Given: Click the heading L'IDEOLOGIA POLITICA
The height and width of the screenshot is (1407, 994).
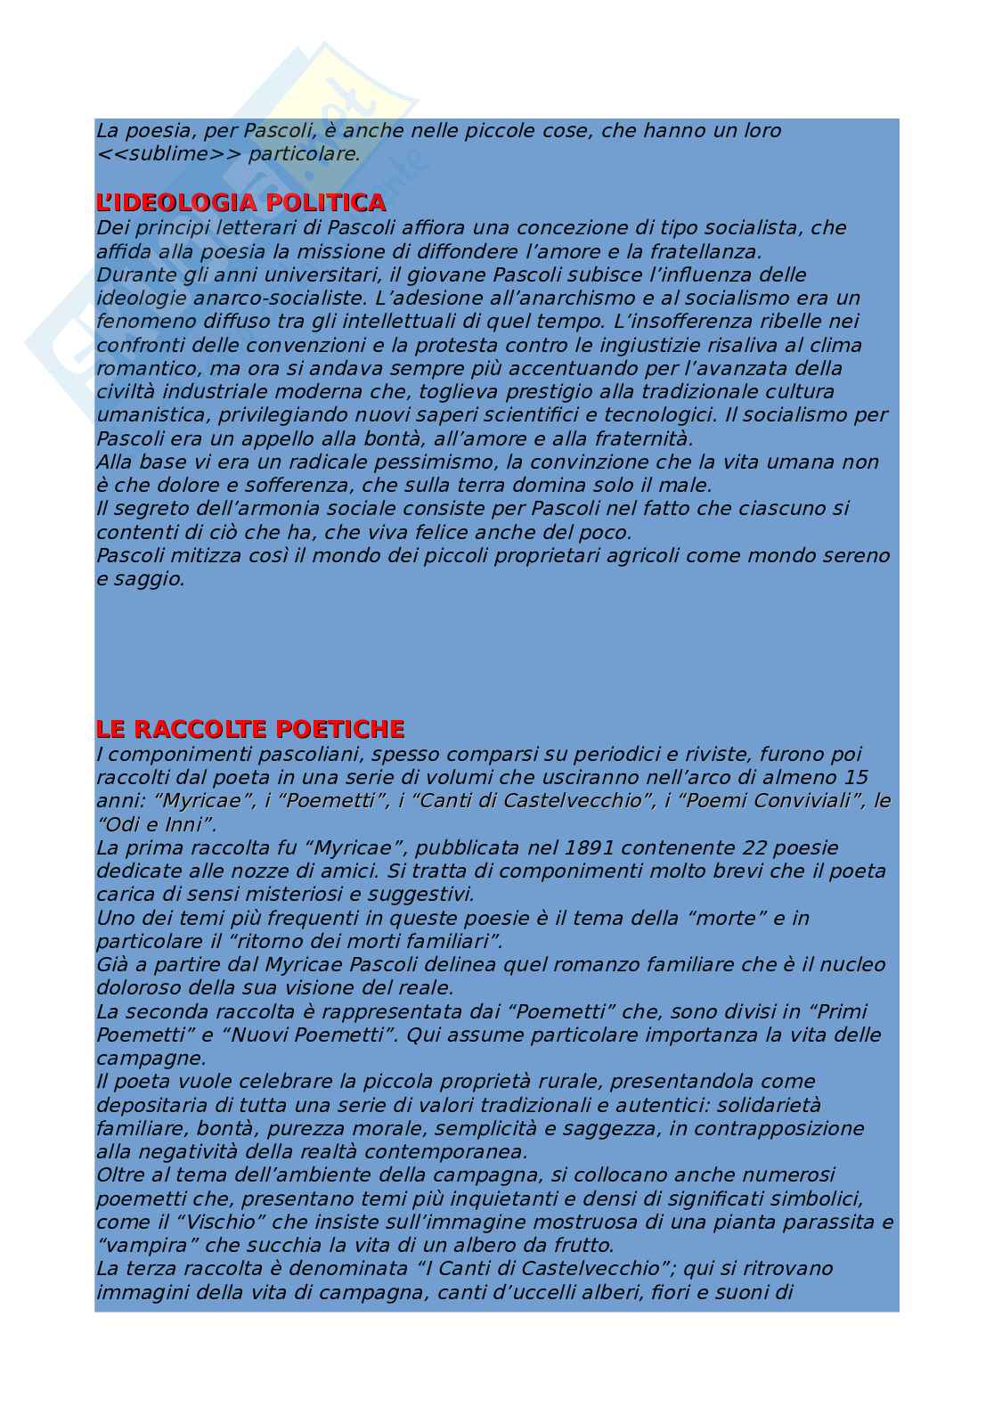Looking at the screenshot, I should click(x=240, y=203).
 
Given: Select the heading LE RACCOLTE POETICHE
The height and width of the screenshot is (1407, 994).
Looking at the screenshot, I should click(x=249, y=730).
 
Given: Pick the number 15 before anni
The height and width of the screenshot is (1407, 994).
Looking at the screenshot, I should click(x=854, y=777).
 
